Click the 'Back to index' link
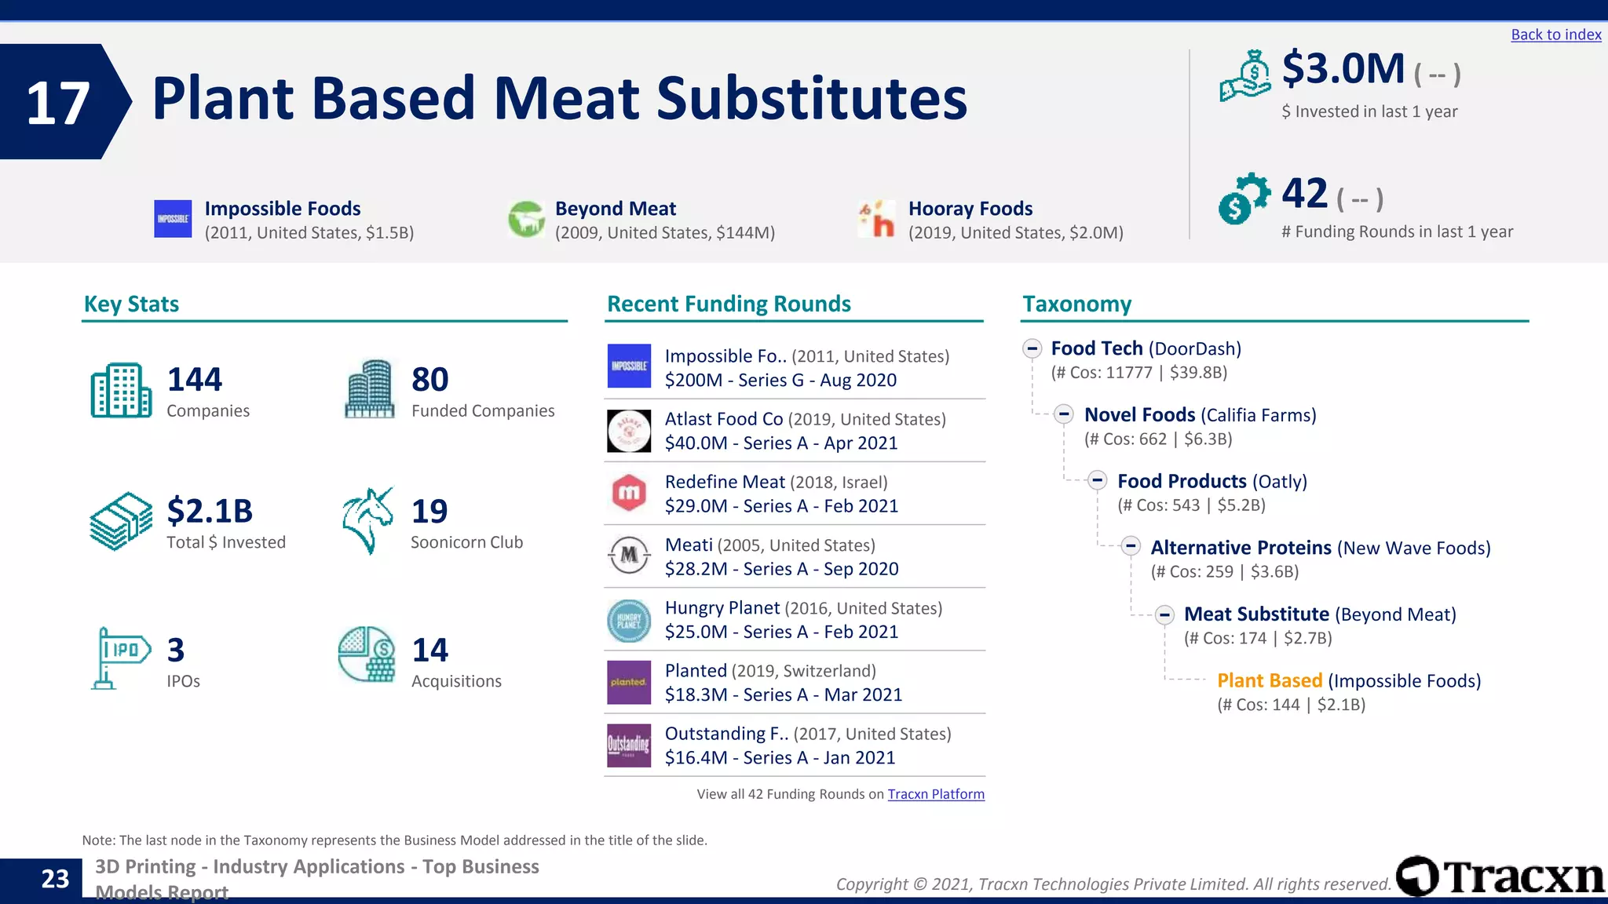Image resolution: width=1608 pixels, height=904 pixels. pyautogui.click(x=1555, y=35)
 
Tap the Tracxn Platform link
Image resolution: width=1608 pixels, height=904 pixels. pyautogui.click(x=935, y=794)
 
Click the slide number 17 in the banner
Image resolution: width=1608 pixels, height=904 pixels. pyautogui.click(x=57, y=103)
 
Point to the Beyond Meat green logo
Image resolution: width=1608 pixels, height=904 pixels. pyautogui.click(x=526, y=219)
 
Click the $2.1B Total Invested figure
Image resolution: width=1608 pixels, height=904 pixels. pyautogui.click(x=210, y=511)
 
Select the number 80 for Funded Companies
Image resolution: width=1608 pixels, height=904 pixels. pyautogui.click(x=430, y=380)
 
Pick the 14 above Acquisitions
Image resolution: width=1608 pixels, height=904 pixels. pyautogui.click(x=430, y=650)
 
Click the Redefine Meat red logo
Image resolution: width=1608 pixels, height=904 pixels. pyautogui.click(x=629, y=493)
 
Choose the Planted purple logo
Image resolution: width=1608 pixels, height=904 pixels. pyautogui.click(x=629, y=682)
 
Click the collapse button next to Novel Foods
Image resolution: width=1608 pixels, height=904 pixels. pyautogui.click(x=1064, y=414)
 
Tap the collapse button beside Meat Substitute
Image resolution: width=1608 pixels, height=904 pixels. pyautogui.click(x=1164, y=614)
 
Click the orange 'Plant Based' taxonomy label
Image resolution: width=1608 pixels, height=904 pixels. pyautogui.click(x=1269, y=680)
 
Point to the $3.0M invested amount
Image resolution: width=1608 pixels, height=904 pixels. pyautogui.click(x=1343, y=69)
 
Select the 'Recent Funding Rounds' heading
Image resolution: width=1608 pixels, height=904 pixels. pyautogui.click(x=729, y=304)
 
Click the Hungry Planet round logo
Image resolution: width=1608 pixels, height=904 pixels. pyautogui.click(x=629, y=620)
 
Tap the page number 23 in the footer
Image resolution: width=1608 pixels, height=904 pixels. pyautogui.click(x=55, y=879)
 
